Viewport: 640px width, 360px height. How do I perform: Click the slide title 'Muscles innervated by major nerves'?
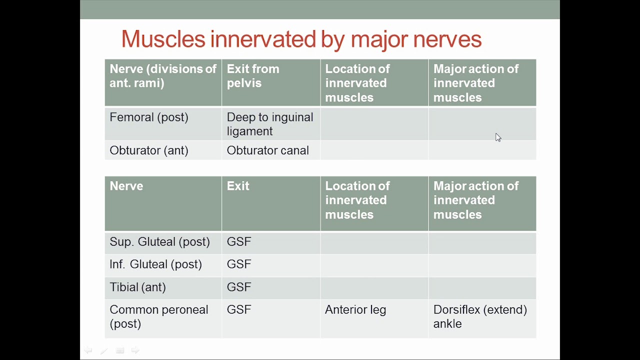click(x=301, y=39)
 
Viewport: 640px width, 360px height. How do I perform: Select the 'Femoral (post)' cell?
click(x=149, y=117)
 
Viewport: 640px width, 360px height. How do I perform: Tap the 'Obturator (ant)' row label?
click(x=149, y=150)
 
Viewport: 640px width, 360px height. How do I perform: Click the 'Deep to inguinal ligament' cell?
click(x=270, y=124)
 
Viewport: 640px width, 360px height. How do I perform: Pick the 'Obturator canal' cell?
click(x=267, y=150)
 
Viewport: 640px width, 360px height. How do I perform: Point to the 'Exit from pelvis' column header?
click(x=253, y=76)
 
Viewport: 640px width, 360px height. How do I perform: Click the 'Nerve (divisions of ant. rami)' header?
click(x=163, y=76)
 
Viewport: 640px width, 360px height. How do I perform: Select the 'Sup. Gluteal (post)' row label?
click(x=159, y=242)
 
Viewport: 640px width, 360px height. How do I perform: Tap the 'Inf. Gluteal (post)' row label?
click(x=155, y=264)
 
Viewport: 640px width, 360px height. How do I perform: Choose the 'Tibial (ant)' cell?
click(x=137, y=287)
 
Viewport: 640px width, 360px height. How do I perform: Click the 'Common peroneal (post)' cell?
click(x=158, y=316)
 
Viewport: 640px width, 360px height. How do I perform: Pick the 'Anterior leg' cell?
click(x=355, y=310)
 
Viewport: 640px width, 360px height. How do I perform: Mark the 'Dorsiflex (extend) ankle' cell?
click(x=480, y=316)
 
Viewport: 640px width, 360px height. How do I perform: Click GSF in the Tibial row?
click(x=239, y=287)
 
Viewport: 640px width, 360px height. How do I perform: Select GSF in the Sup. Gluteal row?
click(x=239, y=242)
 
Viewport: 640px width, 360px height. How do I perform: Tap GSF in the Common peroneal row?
click(x=239, y=310)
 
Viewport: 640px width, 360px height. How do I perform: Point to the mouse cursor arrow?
click(x=498, y=137)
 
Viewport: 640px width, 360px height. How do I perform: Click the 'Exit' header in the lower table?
click(x=238, y=186)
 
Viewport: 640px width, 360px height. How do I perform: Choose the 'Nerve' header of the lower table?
click(x=126, y=186)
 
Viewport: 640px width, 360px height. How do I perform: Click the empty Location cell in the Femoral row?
click(x=374, y=124)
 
